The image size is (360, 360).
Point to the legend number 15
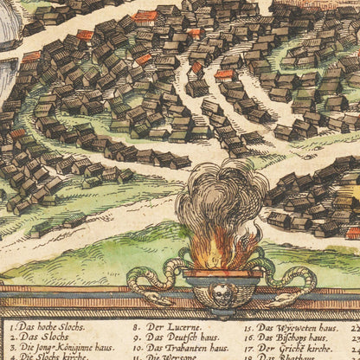pos(247,329)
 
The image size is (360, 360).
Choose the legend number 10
pos(138,348)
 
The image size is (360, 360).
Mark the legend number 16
pos(247,338)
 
